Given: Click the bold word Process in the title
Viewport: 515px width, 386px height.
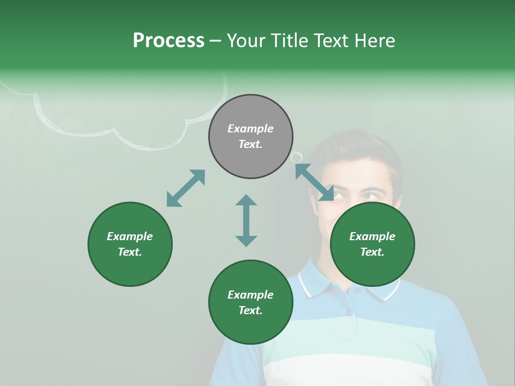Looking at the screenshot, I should [168, 40].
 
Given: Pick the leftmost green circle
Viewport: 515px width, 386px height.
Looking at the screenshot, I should [130, 244].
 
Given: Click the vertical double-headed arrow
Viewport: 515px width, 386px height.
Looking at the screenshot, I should [246, 220].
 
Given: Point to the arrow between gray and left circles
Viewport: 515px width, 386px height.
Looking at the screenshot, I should [186, 188].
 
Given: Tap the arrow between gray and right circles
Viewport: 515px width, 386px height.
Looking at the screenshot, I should [314, 182].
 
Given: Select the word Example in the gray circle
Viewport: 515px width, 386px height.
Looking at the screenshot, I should [251, 129].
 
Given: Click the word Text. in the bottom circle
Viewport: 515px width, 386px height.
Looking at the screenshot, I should [251, 310].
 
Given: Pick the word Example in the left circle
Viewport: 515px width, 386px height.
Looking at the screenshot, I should [130, 236].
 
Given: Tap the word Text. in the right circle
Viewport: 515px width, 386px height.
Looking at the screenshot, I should [372, 252].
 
